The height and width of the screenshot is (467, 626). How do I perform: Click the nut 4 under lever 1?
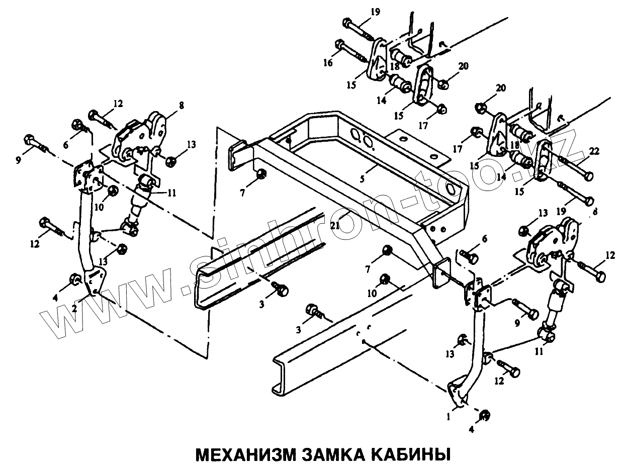pos(485,415)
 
